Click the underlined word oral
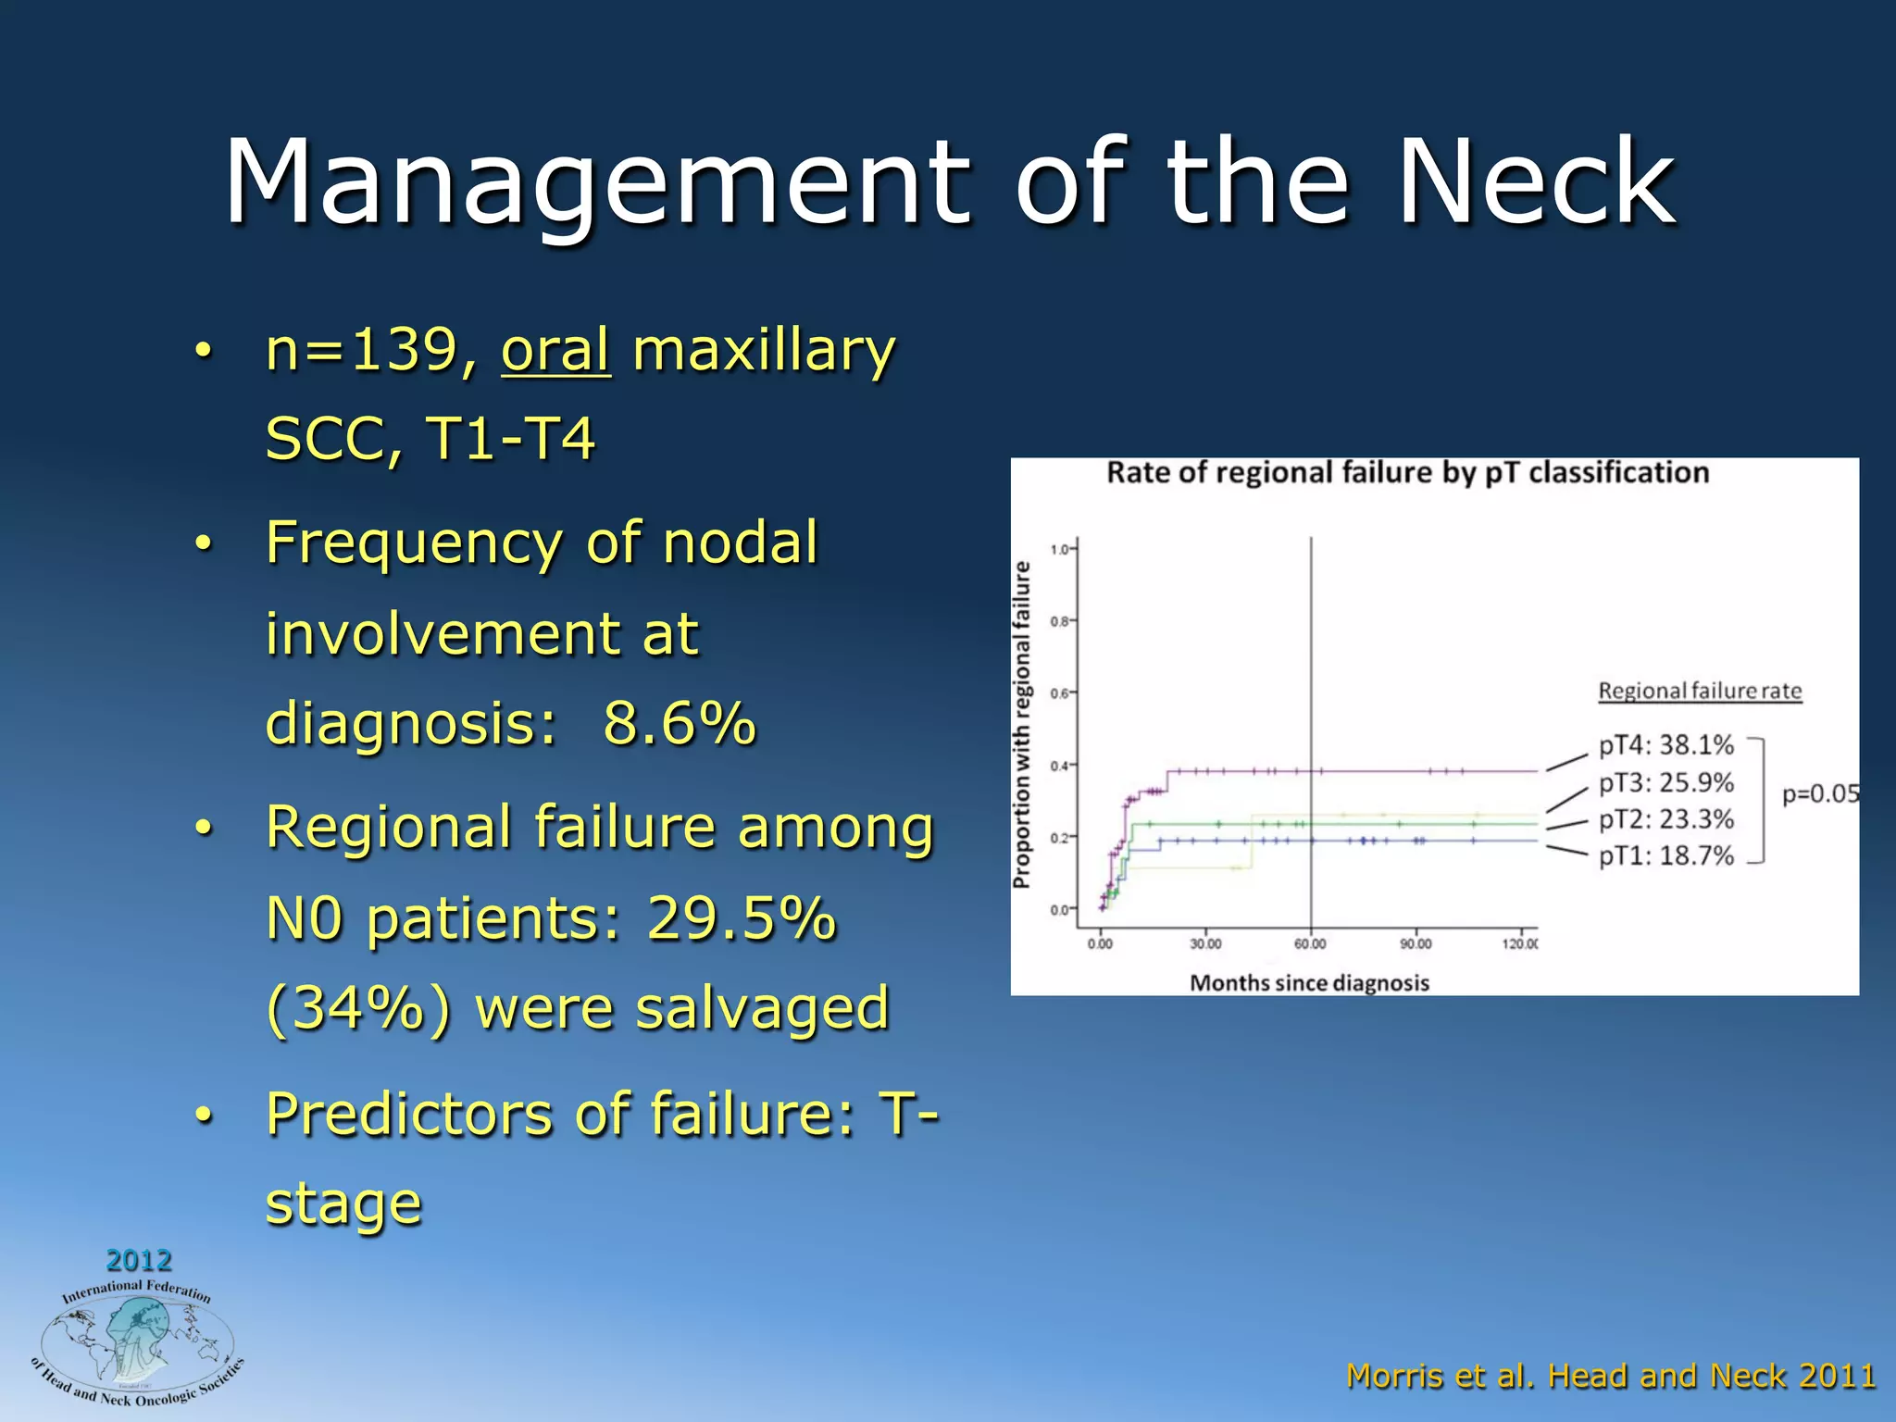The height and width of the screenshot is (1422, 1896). click(x=555, y=351)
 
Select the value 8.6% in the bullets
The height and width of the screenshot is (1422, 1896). click(x=679, y=723)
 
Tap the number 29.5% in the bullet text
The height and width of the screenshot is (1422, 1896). click(x=741, y=918)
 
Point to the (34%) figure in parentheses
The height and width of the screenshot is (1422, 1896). click(x=358, y=1008)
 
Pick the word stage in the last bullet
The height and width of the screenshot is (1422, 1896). click(x=343, y=1204)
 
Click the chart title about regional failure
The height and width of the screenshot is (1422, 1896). click(x=1407, y=473)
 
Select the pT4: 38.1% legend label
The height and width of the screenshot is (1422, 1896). click(x=1665, y=745)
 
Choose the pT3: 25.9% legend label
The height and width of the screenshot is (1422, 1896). click(x=1665, y=782)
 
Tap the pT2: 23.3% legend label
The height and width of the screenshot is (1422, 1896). click(x=1665, y=819)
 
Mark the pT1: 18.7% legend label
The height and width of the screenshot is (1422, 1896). click(x=1665, y=855)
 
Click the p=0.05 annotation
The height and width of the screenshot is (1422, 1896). click(x=1820, y=794)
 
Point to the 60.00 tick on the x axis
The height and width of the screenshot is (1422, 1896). click(x=1310, y=944)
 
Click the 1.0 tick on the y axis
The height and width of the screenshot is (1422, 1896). click(x=1059, y=549)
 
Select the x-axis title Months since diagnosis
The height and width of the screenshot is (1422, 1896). click(x=1309, y=983)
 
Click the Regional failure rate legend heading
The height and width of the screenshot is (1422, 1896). click(x=1700, y=692)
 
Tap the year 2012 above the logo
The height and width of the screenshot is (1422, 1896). click(x=139, y=1260)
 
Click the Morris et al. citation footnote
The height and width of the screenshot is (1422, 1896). click(x=1611, y=1376)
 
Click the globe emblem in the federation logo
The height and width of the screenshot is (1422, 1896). click(x=137, y=1342)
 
